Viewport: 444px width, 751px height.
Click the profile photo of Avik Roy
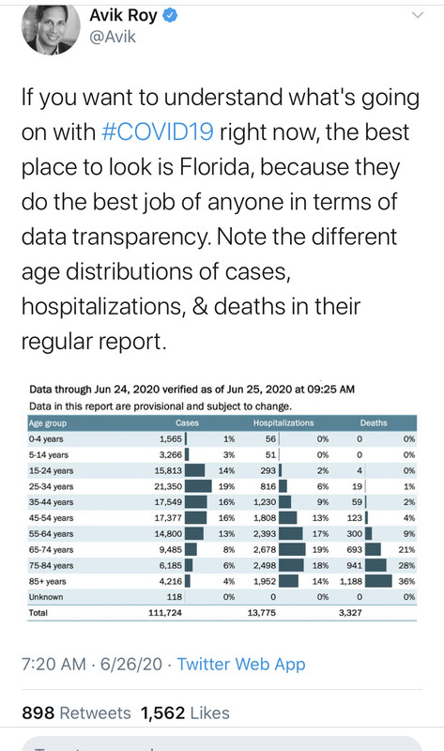(x=51, y=30)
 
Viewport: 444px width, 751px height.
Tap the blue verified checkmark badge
(x=170, y=16)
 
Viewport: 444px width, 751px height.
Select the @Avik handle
(x=113, y=37)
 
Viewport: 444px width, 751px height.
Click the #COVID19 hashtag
(x=158, y=131)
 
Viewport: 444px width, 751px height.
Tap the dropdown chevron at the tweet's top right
(x=418, y=15)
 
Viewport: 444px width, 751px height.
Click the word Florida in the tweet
(x=216, y=167)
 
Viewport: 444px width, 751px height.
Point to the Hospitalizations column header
(x=283, y=423)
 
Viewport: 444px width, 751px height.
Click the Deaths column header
(x=374, y=423)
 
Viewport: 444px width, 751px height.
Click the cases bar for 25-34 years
(x=198, y=486)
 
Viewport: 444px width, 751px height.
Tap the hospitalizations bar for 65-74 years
(x=292, y=549)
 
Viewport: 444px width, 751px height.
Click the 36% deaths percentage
(x=406, y=581)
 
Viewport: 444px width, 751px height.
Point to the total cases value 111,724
(x=165, y=613)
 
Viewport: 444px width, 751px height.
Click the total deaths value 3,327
(x=350, y=613)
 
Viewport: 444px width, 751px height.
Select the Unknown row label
(x=46, y=597)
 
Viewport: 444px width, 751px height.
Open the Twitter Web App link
(x=241, y=665)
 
